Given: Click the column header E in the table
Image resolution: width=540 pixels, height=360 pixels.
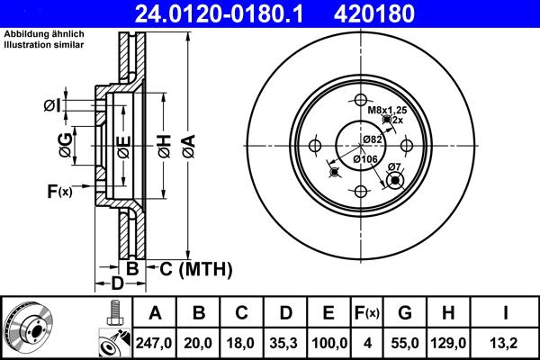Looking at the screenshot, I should (x=327, y=313).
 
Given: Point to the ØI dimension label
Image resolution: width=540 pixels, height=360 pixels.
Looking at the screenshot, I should (x=53, y=106).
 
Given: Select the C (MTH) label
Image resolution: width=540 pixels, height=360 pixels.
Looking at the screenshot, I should (x=195, y=268).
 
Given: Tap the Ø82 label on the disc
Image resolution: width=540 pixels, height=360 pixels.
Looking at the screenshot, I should (x=373, y=139).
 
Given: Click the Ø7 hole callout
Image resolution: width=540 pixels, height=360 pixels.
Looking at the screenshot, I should (x=393, y=166).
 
